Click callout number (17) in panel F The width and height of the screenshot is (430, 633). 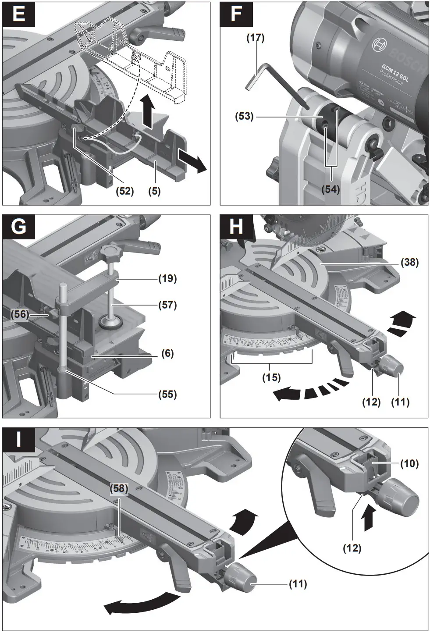tap(255, 38)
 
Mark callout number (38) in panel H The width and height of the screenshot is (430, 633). tap(410, 263)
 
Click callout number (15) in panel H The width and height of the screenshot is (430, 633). tap(272, 377)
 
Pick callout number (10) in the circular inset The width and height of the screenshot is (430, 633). tap(410, 463)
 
